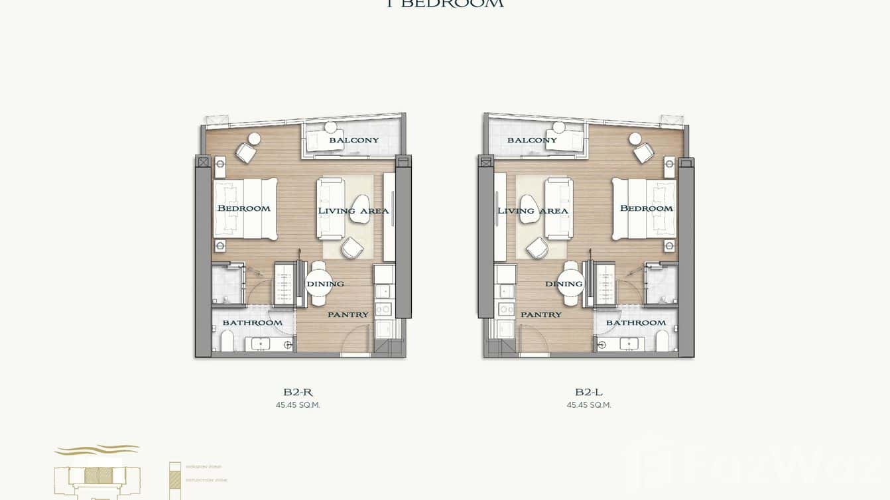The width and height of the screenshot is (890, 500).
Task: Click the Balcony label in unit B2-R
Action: (x=353, y=140)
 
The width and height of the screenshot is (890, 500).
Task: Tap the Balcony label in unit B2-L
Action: (x=532, y=140)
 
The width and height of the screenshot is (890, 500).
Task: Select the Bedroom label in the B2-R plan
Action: (x=243, y=208)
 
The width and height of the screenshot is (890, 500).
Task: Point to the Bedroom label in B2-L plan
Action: (x=646, y=208)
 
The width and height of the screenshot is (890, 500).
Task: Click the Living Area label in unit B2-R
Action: (x=353, y=211)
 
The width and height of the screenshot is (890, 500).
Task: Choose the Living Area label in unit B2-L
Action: (x=533, y=211)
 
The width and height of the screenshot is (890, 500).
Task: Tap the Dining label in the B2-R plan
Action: (x=325, y=284)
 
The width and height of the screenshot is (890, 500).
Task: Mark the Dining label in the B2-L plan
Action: (x=564, y=284)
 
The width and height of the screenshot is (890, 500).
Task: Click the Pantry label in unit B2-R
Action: (x=348, y=314)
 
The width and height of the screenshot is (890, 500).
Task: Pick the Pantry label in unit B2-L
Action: (x=540, y=314)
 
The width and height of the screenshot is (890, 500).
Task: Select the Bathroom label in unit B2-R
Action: (x=252, y=323)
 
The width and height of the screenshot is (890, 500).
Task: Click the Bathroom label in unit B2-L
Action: (x=635, y=323)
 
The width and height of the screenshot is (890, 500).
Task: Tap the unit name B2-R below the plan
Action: (x=298, y=392)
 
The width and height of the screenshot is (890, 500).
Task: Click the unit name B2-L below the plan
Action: (x=589, y=392)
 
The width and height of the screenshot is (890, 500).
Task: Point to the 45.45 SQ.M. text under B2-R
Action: (x=298, y=405)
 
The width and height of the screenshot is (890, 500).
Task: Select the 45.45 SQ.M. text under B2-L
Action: (x=589, y=405)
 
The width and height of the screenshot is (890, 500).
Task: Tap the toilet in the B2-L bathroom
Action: (x=662, y=342)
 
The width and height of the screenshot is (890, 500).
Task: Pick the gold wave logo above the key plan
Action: (x=97, y=450)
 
